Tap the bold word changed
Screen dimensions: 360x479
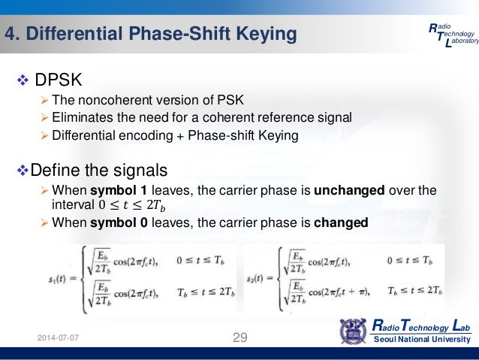(342, 223)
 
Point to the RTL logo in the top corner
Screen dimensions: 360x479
(451, 35)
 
